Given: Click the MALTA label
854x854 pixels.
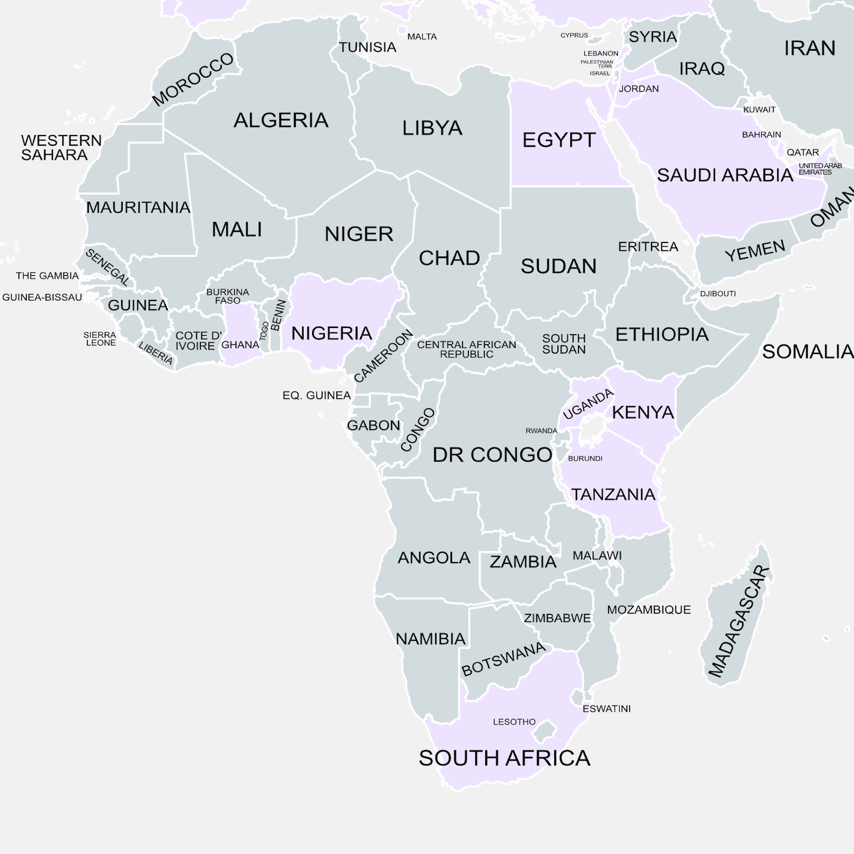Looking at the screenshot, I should coord(422,37).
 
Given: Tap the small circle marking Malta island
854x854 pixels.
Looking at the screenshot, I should coord(402,30).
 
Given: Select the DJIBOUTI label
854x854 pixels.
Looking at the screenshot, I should coord(717,293).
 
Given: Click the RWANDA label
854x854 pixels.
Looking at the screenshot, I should coord(541,430).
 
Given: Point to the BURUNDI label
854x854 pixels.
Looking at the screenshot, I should coord(585,458).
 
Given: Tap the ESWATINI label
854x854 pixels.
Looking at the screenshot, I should coord(606,709).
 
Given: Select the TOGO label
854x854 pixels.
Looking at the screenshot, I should coord(264,331).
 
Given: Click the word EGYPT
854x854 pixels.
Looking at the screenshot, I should coord(559,140).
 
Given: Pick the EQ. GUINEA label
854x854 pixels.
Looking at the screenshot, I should coord(316,395).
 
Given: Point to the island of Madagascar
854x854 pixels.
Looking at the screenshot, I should coord(736,619).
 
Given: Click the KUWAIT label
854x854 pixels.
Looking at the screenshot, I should coord(759,110).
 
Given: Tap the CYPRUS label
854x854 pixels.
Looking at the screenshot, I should coord(574,35).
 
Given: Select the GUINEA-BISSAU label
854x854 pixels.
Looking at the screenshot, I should coord(42,297).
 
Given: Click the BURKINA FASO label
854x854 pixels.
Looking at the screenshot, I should coord(228,296).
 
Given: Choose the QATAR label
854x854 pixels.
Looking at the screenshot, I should coord(802,152).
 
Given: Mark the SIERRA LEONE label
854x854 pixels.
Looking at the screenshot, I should coord(100,338).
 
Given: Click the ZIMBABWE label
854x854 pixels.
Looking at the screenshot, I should coord(557,618).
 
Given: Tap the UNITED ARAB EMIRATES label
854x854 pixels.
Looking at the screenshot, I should coord(820,169).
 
